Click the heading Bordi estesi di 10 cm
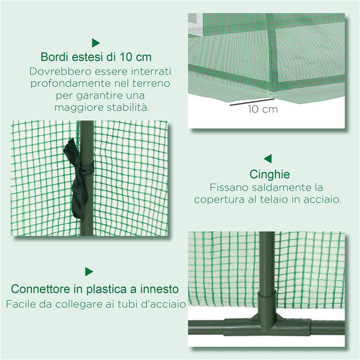tap(96, 56)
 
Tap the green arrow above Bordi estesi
tap(96, 43)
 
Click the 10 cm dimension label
tap(262, 109)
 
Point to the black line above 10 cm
tap(251, 101)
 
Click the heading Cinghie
tap(269, 174)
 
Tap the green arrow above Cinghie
tap(267, 159)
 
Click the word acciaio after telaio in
tap(323, 199)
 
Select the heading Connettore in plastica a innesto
tap(95, 289)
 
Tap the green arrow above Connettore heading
tap(89, 272)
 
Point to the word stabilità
tap(126, 107)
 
